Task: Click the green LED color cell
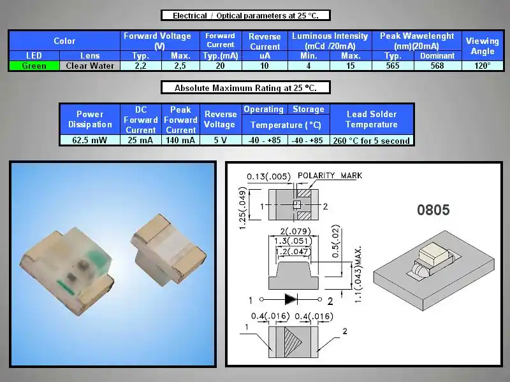[x=34, y=66]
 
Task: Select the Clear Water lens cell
[x=90, y=66]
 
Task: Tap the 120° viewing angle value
[x=483, y=66]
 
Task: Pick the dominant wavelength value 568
[x=437, y=66]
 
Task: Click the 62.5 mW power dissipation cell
[x=90, y=140]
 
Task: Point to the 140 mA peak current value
[x=180, y=140]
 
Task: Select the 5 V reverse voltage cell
[x=221, y=140]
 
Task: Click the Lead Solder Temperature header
[x=372, y=119]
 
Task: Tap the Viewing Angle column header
[x=483, y=46]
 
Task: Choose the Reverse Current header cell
[x=265, y=41]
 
